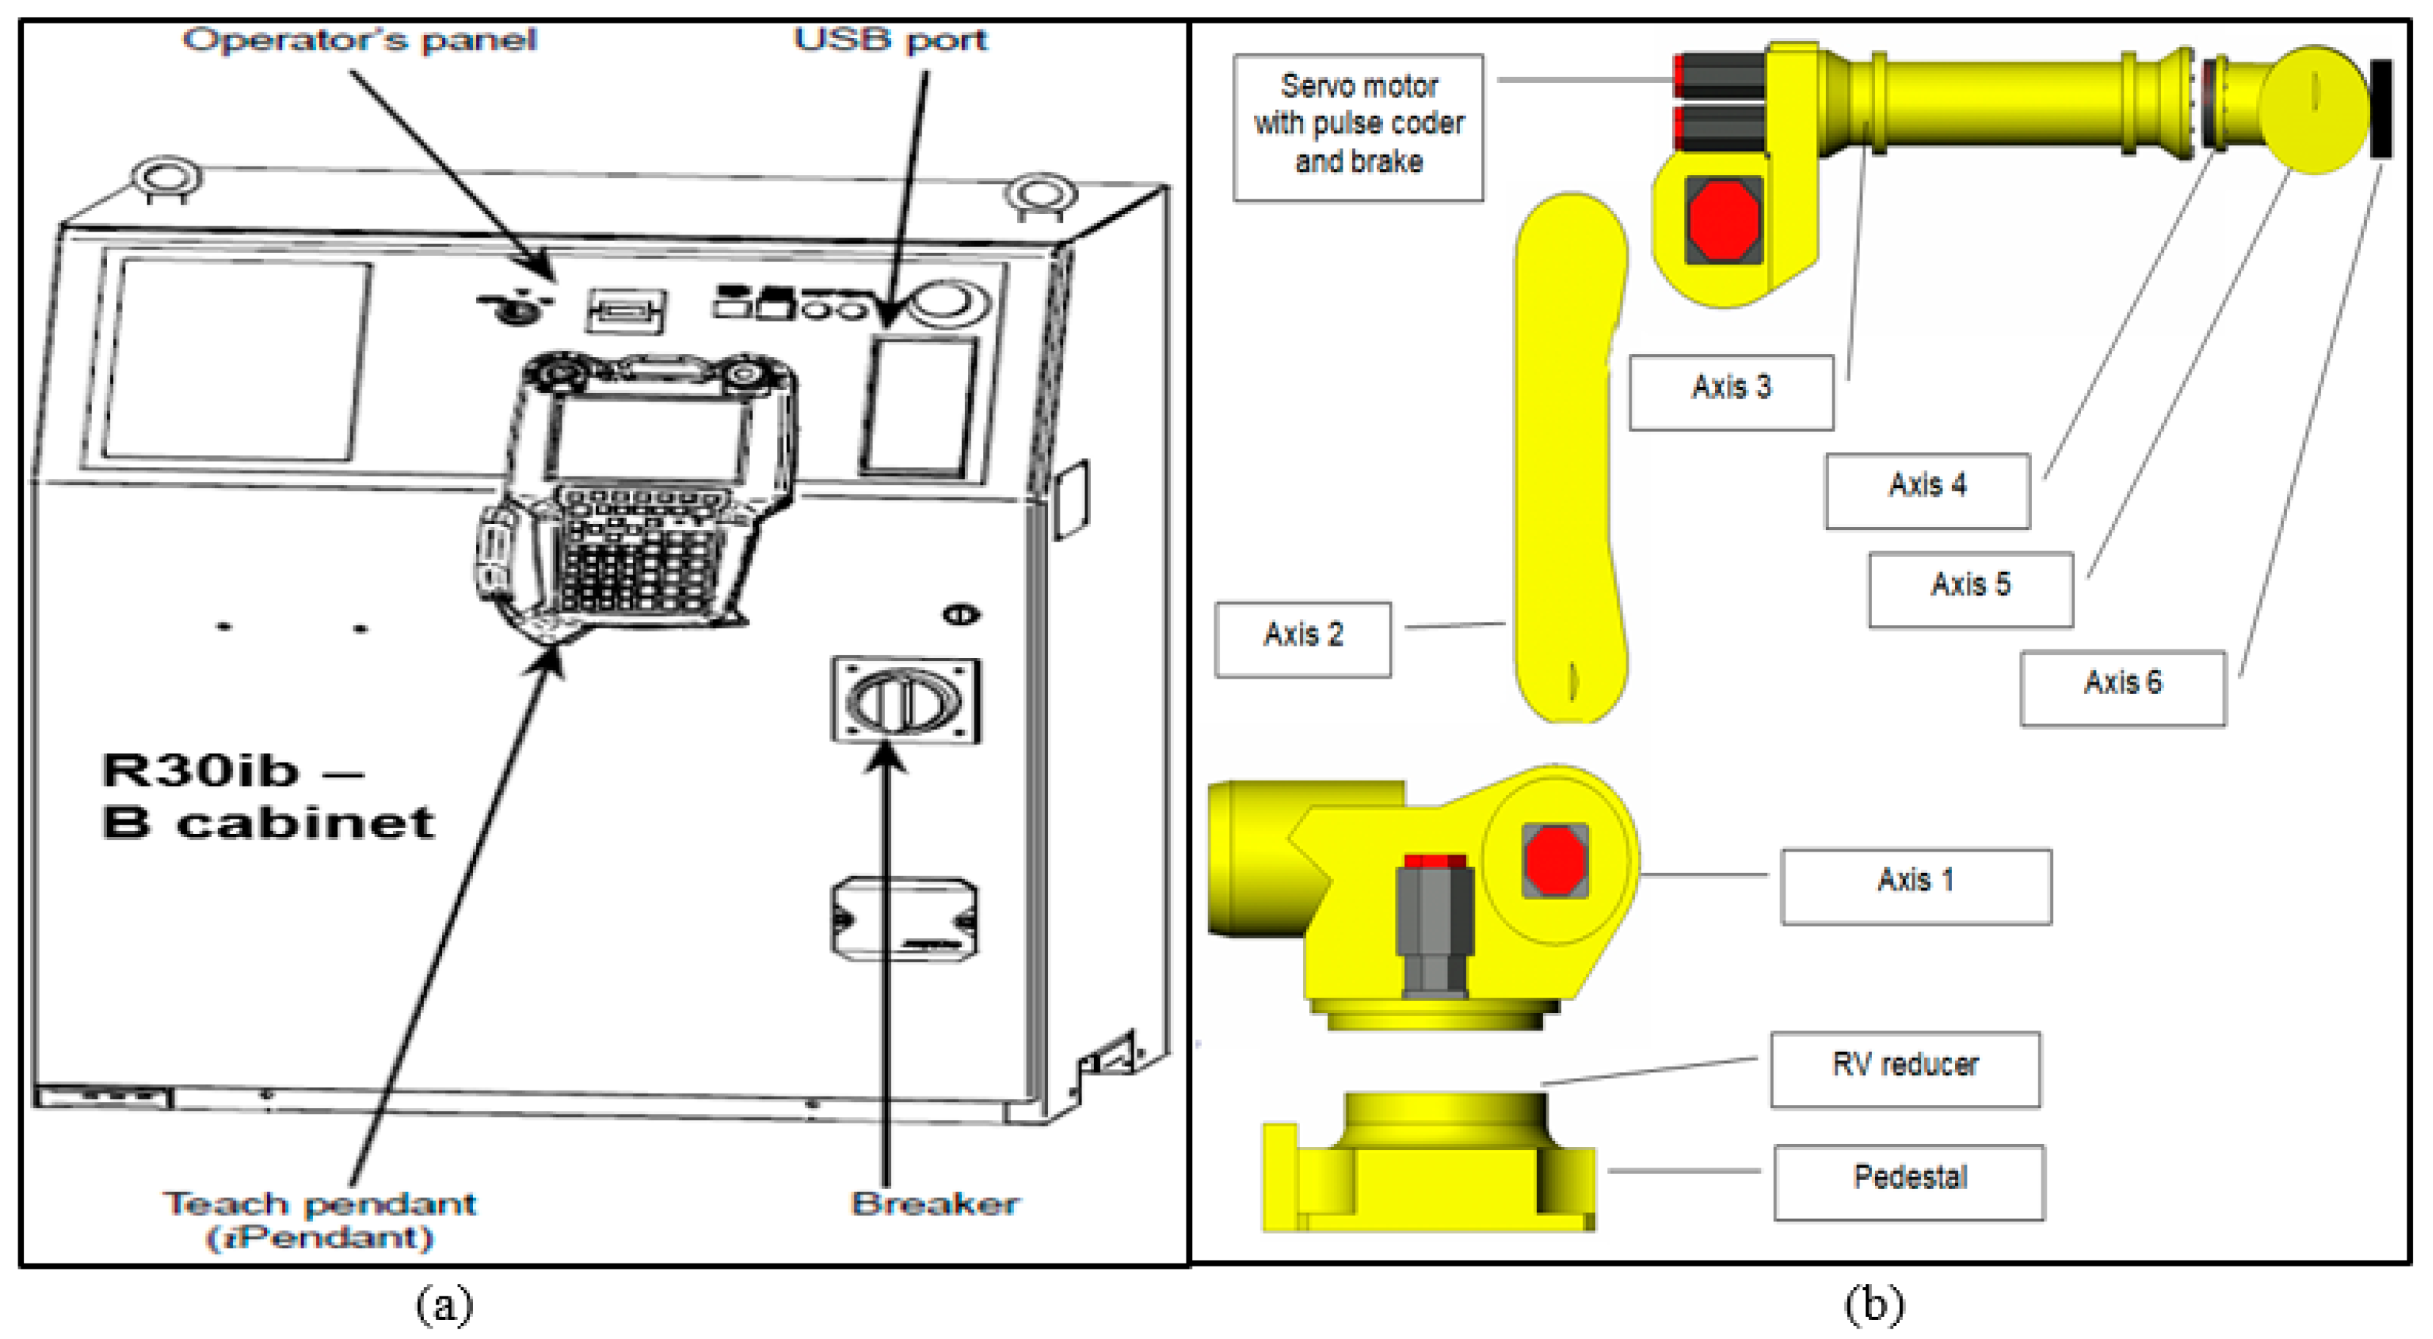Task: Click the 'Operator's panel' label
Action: tap(359, 40)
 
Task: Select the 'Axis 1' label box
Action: tap(1915, 886)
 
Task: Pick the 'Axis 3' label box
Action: tap(1731, 392)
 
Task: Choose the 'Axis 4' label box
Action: tap(1927, 490)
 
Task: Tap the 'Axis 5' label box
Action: tap(1970, 589)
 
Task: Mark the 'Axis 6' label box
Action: tap(2122, 687)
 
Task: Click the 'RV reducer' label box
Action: tap(1905, 1069)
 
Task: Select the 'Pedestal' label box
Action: tap(1909, 1182)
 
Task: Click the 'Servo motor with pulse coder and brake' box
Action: tap(1357, 127)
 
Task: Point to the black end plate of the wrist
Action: tap(2380, 108)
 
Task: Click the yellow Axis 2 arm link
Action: tap(1570, 453)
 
